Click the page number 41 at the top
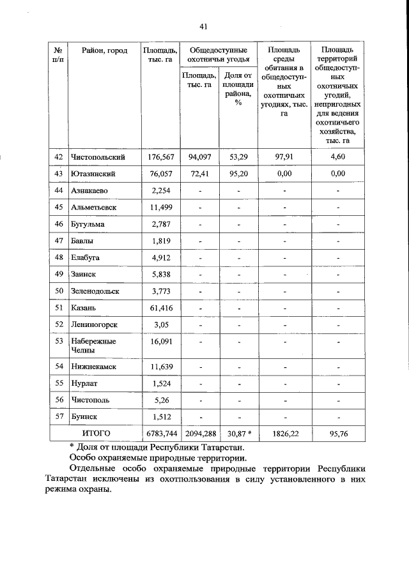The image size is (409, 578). [x=204, y=26]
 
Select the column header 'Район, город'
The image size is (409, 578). [x=105, y=50]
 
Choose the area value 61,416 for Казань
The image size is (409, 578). [x=161, y=307]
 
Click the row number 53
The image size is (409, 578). [x=58, y=341]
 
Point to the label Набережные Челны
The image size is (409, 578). [x=93, y=346]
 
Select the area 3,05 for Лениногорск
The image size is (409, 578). [x=161, y=324]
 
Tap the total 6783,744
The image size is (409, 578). [x=161, y=433]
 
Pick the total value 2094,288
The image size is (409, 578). [x=199, y=433]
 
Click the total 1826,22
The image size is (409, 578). [x=284, y=433]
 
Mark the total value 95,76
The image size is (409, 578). [x=338, y=433]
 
